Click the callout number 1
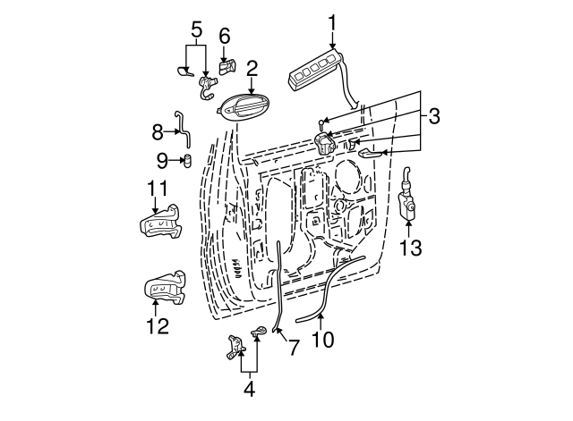333,21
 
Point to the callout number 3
433,115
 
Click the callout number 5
195,30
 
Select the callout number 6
224,35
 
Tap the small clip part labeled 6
227,66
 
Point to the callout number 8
158,133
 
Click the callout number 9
162,161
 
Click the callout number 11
158,189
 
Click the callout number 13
409,248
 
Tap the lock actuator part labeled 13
408,202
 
